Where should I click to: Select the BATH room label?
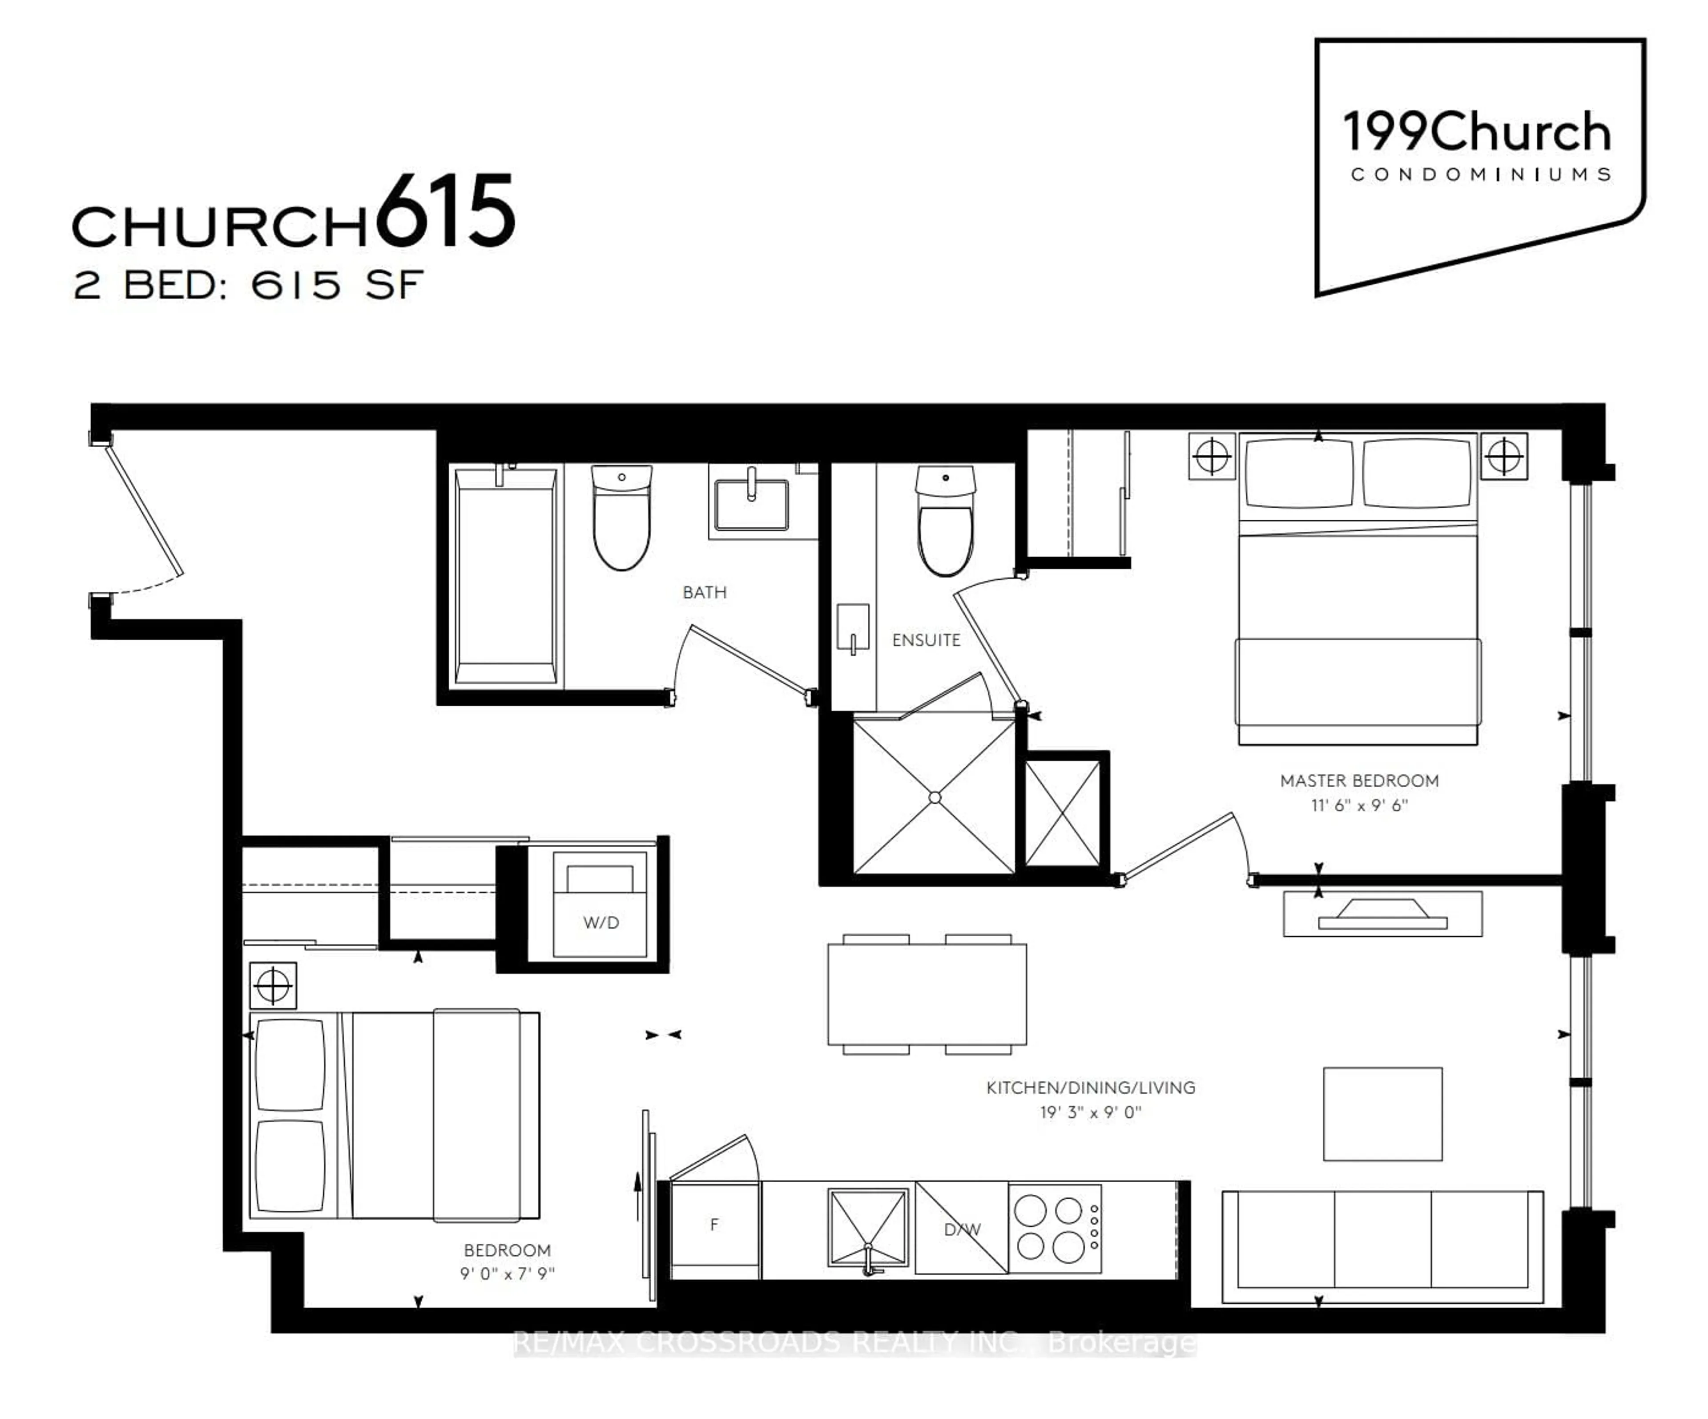click(705, 592)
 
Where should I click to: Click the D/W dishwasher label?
click(962, 1229)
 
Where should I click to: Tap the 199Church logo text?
click(1476, 133)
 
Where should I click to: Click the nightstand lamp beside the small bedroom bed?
click(273, 985)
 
